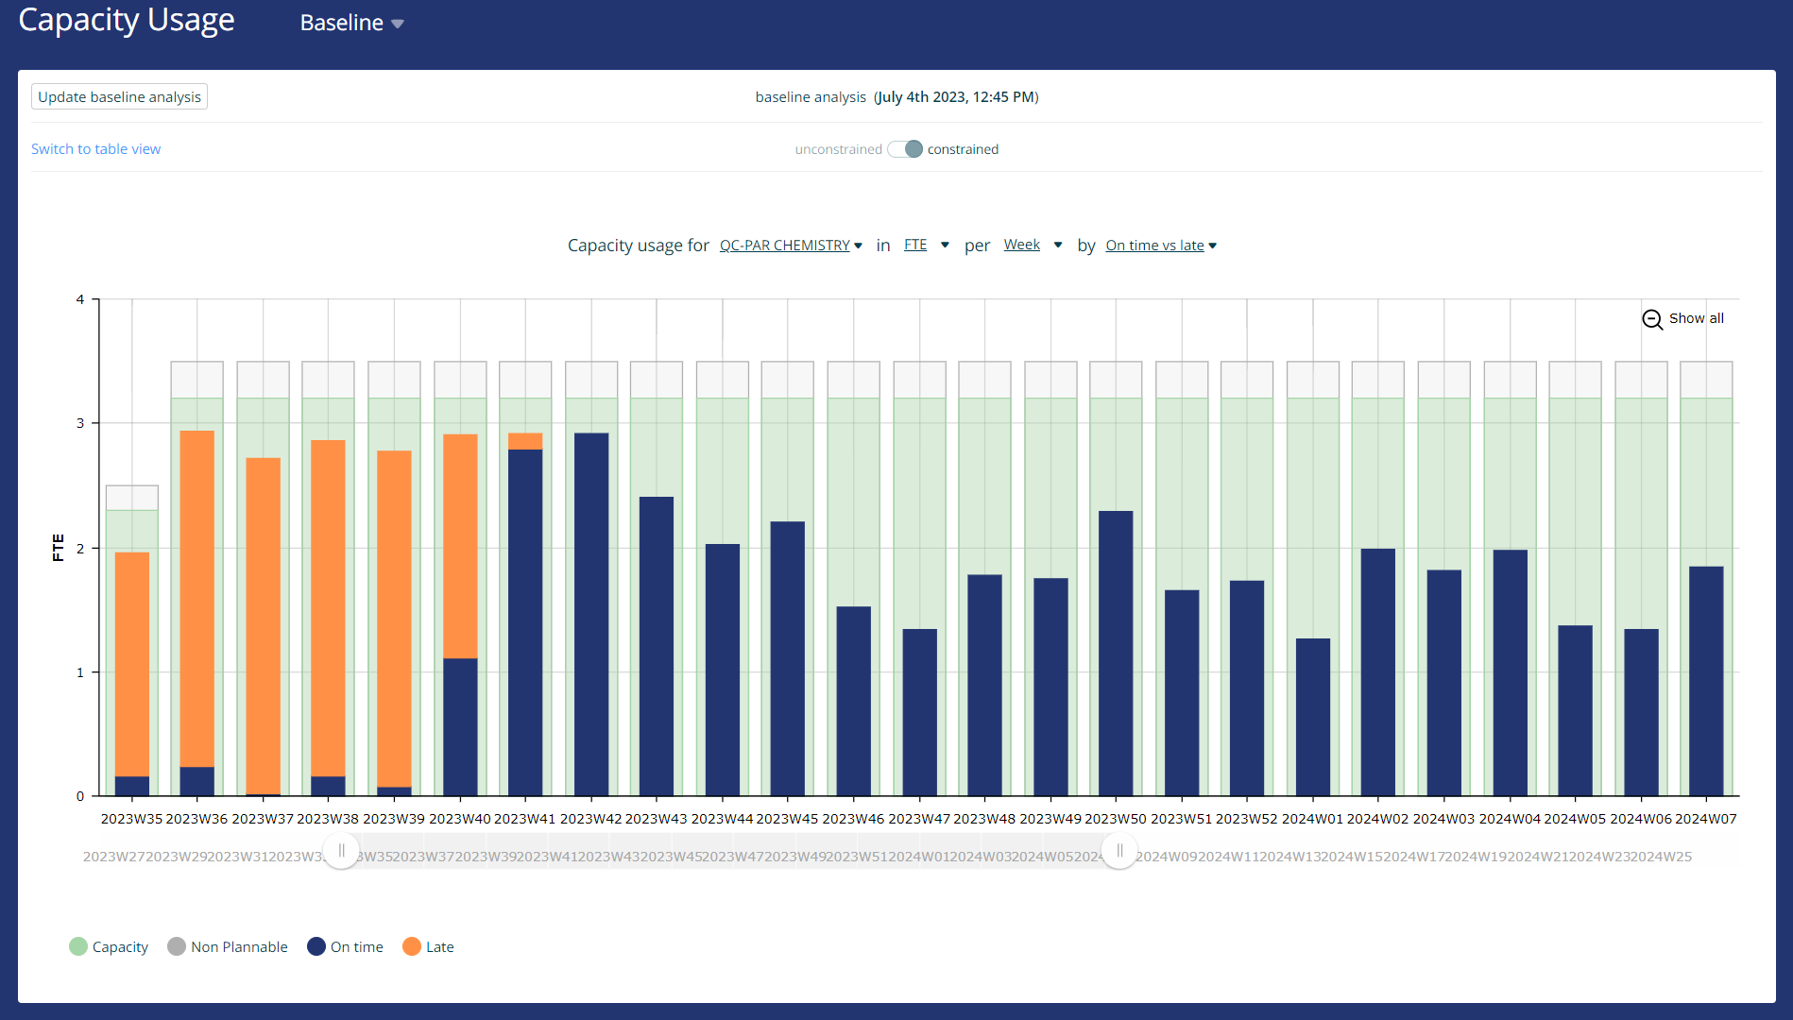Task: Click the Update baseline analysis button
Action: [x=119, y=97]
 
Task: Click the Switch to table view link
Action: [x=95, y=149]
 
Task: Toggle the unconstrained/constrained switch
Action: [x=905, y=149]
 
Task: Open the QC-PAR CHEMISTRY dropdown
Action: [x=791, y=246]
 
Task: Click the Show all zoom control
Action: [x=1683, y=319]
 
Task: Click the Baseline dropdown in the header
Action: [x=351, y=23]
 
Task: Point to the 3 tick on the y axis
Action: [x=80, y=423]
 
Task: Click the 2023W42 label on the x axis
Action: [x=591, y=819]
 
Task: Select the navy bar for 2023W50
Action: [x=1116, y=652]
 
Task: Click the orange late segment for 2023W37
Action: [x=263, y=623]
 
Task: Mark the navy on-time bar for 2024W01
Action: [x=1312, y=718]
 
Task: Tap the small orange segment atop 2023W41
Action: [x=525, y=441]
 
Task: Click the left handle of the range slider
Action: [x=341, y=851]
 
